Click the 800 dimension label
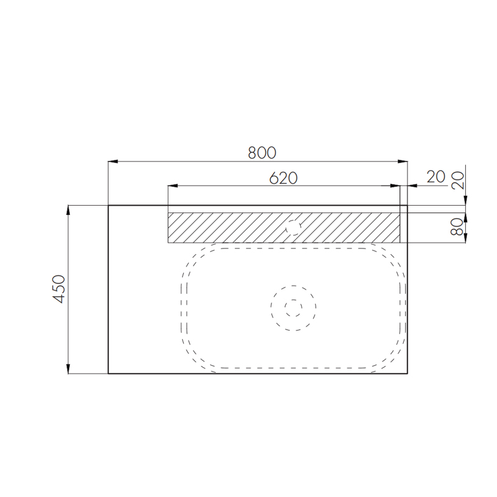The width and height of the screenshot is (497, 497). (262, 152)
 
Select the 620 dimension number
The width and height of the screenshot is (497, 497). (283, 178)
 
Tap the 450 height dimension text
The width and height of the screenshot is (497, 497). (58, 289)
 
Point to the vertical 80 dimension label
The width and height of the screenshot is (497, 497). (457, 227)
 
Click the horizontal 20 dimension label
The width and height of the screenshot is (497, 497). (436, 177)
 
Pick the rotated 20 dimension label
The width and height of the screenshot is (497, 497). (457, 180)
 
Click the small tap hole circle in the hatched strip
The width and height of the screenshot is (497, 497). (293, 227)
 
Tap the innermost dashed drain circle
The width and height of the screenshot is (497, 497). (293, 308)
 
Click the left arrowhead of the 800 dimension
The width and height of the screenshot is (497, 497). (113, 162)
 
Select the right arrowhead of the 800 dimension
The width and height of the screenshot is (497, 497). (403, 162)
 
